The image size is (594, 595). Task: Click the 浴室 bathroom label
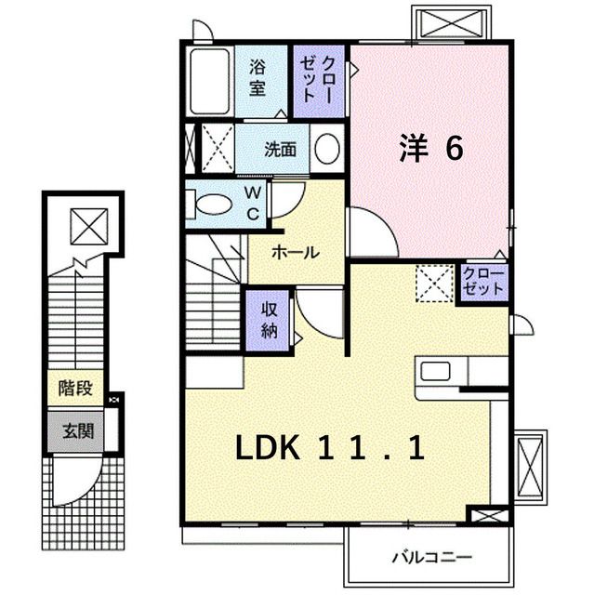click(257, 78)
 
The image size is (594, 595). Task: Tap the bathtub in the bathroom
click(209, 82)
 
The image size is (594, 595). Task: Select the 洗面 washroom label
click(280, 149)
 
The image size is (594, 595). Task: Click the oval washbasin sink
click(326, 149)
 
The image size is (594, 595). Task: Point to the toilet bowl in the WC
click(213, 204)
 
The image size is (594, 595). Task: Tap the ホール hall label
click(296, 252)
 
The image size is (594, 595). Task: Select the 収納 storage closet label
click(269, 319)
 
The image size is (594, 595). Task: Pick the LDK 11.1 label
click(330, 450)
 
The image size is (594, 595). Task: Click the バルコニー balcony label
click(430, 559)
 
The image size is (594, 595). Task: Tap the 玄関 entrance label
click(77, 431)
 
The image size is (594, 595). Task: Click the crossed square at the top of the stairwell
click(90, 224)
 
